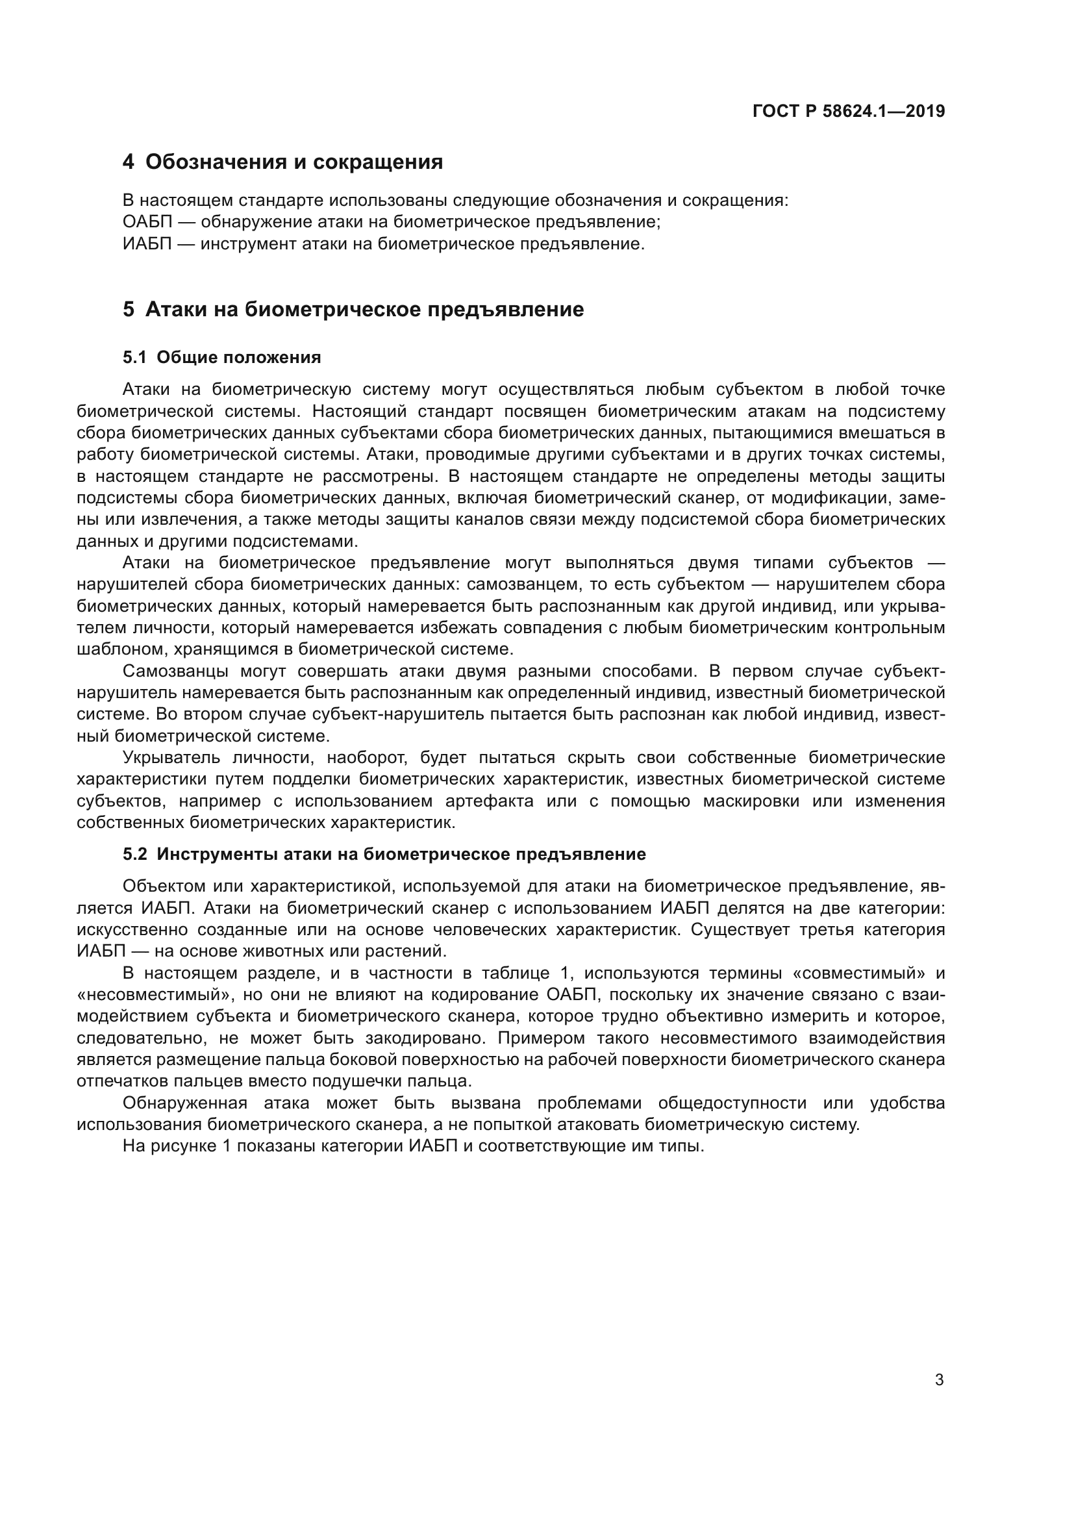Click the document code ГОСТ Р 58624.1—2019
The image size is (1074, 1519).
(849, 111)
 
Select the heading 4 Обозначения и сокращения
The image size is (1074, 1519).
(283, 162)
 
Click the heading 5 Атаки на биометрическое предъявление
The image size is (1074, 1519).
(353, 309)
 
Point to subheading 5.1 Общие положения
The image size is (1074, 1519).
(221, 357)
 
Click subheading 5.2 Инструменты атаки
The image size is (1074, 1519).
(384, 854)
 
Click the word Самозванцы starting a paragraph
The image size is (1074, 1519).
(175, 671)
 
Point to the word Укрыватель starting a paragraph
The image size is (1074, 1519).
(171, 757)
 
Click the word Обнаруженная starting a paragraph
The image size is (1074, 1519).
(184, 1103)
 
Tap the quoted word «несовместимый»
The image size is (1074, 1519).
(152, 995)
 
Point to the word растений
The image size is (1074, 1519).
(413, 951)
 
